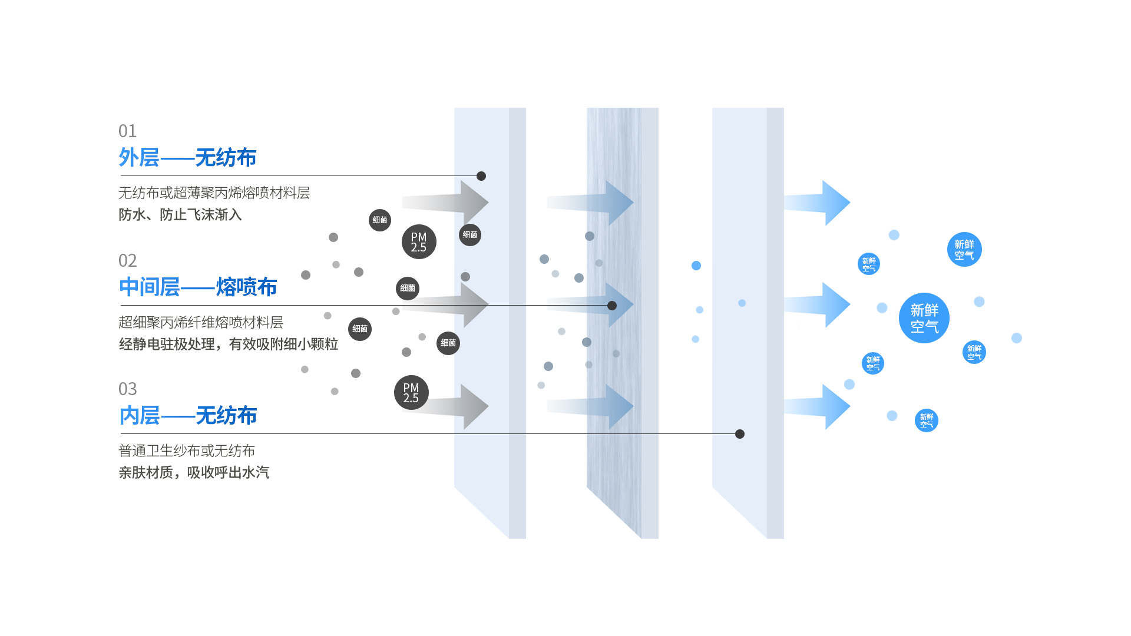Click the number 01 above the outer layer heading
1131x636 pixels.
pyautogui.click(x=127, y=131)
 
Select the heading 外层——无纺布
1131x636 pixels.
pyautogui.click(x=187, y=158)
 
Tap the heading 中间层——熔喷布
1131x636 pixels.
pyautogui.click(x=198, y=287)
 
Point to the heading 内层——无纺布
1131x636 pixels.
pyautogui.click(x=187, y=416)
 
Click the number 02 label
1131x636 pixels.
pyautogui.click(x=127, y=260)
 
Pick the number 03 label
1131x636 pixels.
pyautogui.click(x=127, y=389)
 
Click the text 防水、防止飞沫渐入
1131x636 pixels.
pyautogui.click(x=180, y=215)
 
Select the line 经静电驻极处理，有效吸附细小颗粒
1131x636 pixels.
pyautogui.click(x=229, y=344)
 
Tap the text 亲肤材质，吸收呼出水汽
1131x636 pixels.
pyautogui.click(x=194, y=473)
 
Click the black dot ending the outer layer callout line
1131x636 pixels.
pyautogui.click(x=481, y=176)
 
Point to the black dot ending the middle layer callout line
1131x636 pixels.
pyautogui.click(x=612, y=306)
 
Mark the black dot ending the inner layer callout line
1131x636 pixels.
pyautogui.click(x=740, y=434)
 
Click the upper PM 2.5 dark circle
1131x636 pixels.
pyautogui.click(x=419, y=242)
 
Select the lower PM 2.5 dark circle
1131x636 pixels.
pyautogui.click(x=411, y=393)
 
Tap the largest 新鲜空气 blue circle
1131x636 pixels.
pyautogui.click(x=924, y=318)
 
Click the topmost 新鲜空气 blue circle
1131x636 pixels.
pyautogui.click(x=964, y=250)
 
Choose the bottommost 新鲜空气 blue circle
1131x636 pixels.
pyautogui.click(x=927, y=420)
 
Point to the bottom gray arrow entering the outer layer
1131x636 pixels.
pyautogui.click(x=454, y=406)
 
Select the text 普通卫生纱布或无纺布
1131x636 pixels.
pyautogui.click(x=187, y=451)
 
